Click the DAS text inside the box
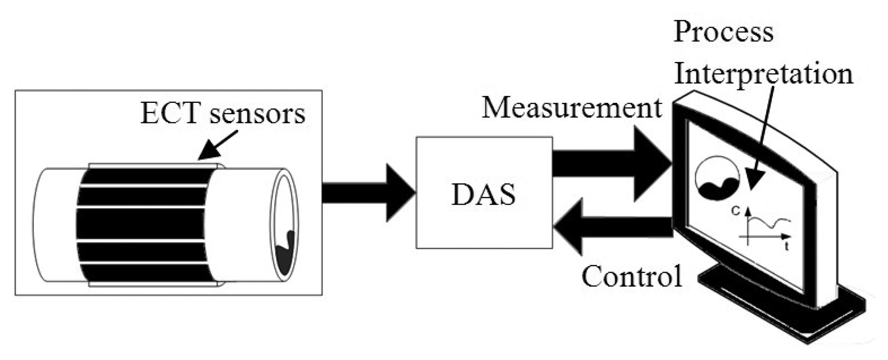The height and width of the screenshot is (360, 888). [483, 195]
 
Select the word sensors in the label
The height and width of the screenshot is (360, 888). [257, 114]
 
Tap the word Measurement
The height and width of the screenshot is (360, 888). [571, 108]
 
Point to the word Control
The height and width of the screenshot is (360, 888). [632, 276]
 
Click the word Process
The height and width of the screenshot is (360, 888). [723, 33]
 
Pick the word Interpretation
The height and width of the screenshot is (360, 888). [764, 74]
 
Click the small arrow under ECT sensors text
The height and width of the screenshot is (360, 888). [218, 145]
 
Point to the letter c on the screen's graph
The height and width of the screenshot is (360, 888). [735, 210]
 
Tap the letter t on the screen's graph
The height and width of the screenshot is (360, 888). [786, 247]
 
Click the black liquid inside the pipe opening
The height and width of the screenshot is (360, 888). [285, 253]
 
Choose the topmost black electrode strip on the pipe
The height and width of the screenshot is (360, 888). [143, 175]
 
